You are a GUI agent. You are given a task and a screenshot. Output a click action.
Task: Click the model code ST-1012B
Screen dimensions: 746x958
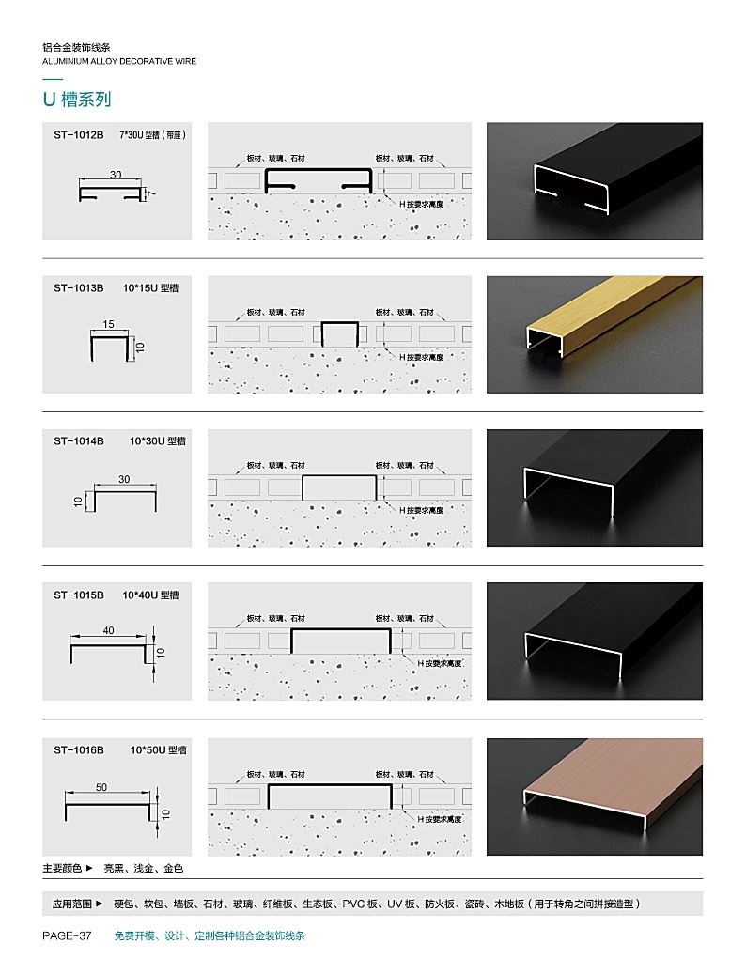pos(78,135)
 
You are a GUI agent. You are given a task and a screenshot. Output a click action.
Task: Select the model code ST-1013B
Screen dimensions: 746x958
pos(78,287)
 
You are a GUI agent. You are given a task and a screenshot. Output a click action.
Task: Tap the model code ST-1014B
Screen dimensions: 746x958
pos(78,441)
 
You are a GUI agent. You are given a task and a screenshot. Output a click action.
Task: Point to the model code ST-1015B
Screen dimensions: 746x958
pos(78,595)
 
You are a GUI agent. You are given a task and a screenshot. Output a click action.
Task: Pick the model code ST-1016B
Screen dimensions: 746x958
pos(78,749)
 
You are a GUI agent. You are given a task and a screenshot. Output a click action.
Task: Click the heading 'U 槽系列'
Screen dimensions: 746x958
pos(77,99)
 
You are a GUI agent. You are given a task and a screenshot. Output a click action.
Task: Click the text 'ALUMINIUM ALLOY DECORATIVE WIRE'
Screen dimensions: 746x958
pos(119,61)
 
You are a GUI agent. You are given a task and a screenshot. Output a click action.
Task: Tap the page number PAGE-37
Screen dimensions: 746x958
pos(68,935)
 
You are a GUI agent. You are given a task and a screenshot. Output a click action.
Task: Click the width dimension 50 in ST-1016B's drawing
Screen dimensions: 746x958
pos(101,788)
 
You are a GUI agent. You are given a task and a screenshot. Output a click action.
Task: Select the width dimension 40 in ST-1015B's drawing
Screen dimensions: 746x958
pos(108,630)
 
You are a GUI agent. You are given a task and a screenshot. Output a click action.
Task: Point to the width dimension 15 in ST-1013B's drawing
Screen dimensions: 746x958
pos(109,324)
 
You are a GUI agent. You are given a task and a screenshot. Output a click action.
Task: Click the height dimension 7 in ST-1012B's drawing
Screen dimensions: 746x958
pos(150,193)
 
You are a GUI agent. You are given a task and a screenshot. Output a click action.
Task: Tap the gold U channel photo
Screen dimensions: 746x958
pos(595,334)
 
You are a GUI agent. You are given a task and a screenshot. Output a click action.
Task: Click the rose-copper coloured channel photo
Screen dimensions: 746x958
pos(595,796)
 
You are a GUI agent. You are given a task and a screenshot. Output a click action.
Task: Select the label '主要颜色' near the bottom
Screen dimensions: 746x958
pos(62,868)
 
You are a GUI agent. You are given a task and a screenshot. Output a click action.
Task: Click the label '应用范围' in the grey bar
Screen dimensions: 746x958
pos(72,904)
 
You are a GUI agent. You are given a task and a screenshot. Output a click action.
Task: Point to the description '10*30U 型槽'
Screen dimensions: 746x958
pos(158,441)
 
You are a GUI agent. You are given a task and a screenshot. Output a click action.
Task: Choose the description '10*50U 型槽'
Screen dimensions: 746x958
pos(158,749)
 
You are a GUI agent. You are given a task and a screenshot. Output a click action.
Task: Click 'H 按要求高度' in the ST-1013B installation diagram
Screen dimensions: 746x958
pos(422,358)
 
